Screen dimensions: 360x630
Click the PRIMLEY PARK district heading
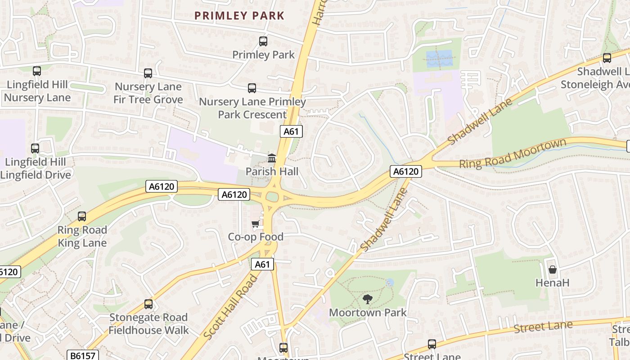[x=239, y=16]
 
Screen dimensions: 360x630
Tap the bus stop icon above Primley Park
[x=263, y=41]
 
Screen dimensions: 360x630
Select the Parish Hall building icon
[x=272, y=158]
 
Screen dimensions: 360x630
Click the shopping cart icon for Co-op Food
[x=255, y=224]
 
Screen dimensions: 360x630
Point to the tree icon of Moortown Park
[x=368, y=299]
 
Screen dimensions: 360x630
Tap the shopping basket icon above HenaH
[x=553, y=270]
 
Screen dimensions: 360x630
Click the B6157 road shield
[x=83, y=355]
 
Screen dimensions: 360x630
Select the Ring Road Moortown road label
[x=512, y=154]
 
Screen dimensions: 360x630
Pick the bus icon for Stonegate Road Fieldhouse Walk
[x=148, y=304]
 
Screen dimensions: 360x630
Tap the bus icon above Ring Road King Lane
[x=82, y=216]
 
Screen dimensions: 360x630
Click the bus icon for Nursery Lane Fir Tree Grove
[x=148, y=73]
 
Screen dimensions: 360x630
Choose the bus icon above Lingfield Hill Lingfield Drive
[x=35, y=148]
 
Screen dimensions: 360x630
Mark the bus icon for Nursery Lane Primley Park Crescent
[x=252, y=88]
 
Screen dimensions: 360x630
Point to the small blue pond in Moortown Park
[x=390, y=283]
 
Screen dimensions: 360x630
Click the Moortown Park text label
[x=368, y=312]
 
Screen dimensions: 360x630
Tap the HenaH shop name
[x=553, y=283]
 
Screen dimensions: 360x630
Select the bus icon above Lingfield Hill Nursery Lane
[x=37, y=71]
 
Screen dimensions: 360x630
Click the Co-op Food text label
[x=256, y=237]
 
